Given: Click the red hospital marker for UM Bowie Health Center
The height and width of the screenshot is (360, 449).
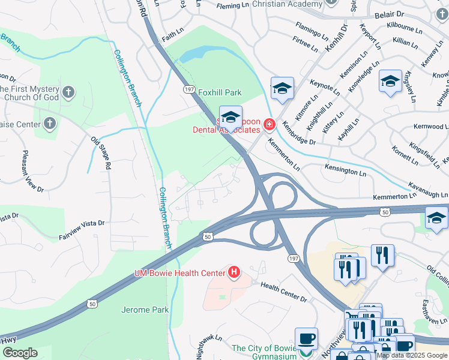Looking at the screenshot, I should point(234,274).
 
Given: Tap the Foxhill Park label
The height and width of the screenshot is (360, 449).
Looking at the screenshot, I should point(220,93).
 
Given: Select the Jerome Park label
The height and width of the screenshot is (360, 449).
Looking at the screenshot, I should point(145,310).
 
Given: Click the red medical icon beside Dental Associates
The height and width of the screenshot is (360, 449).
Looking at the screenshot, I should point(268,125).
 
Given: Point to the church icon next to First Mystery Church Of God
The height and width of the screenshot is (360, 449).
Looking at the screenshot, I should point(69,92).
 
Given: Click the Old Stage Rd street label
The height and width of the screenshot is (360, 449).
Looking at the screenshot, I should point(101,152).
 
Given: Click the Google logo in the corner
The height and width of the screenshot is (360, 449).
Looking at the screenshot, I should point(20,353).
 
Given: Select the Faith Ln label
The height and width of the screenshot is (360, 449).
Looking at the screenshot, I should point(172,36).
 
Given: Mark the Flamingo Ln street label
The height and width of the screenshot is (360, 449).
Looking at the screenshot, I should point(314,30).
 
